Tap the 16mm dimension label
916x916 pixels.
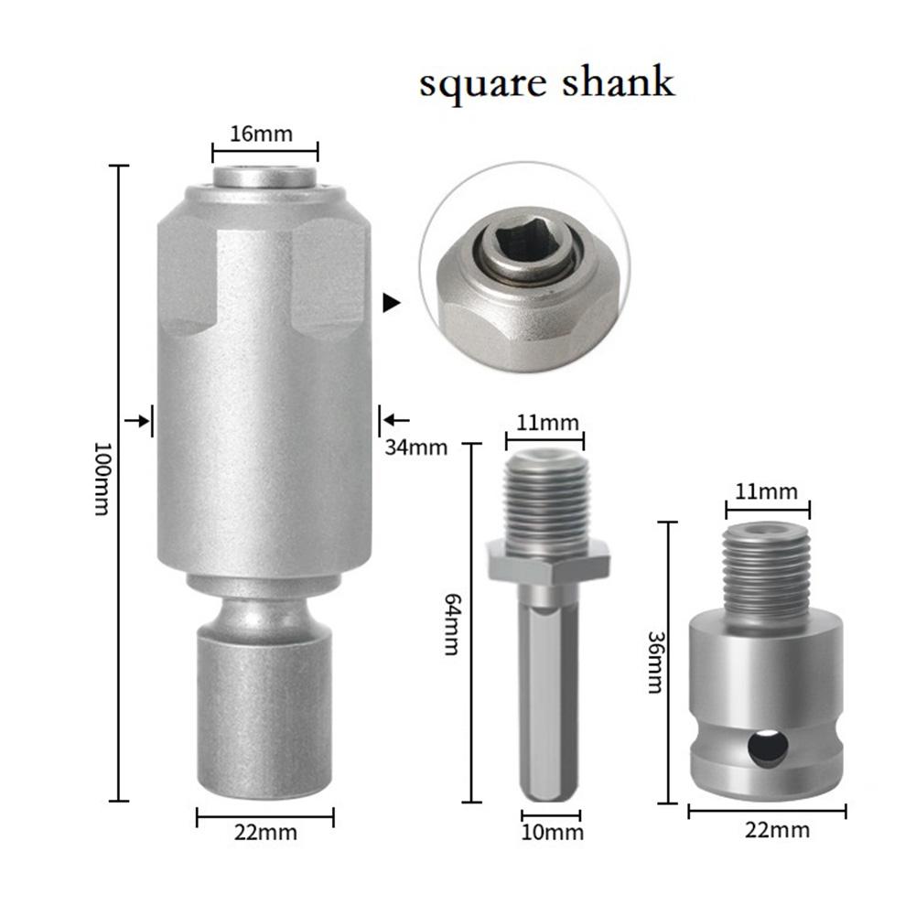click(262, 134)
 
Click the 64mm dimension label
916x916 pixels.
click(450, 622)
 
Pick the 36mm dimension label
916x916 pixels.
click(654, 662)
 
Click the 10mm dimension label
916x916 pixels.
click(552, 832)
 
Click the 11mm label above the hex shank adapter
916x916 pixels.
click(545, 422)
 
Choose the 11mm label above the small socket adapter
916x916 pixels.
click(767, 490)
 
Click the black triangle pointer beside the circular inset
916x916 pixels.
click(392, 303)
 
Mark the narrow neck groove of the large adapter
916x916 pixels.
click(264, 607)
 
